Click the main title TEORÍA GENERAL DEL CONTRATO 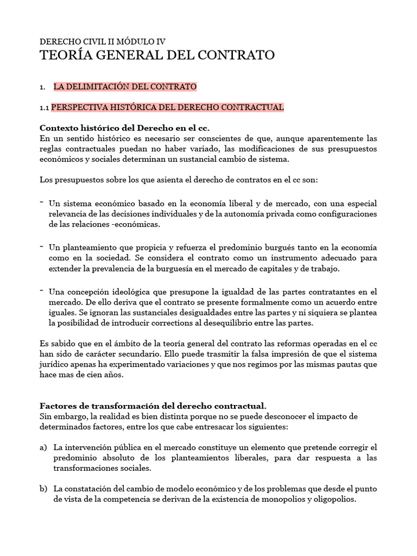click(157, 55)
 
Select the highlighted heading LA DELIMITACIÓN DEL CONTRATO click(125, 86)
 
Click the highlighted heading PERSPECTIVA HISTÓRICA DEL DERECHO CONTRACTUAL click(167, 108)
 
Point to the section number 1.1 click(45, 108)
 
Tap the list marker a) click(43, 447)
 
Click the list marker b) click(43, 489)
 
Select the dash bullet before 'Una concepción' click(42, 291)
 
